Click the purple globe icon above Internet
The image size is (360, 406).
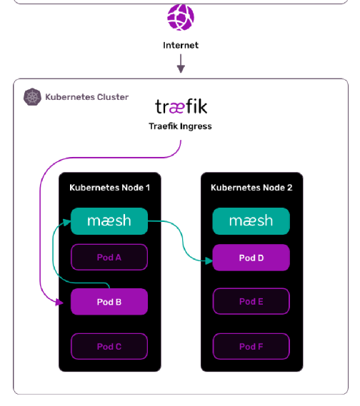(181, 17)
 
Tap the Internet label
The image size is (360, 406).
(181, 46)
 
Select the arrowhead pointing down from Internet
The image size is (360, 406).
(181, 69)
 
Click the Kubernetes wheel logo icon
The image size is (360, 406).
(32, 97)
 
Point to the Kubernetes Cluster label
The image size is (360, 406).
(87, 97)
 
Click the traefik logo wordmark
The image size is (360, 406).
(181, 106)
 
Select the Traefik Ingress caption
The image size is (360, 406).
(180, 126)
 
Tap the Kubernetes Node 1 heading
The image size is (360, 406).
(109, 188)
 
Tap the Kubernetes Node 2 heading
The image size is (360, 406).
(251, 188)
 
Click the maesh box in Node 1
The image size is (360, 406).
(109, 221)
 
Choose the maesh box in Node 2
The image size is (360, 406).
(251, 221)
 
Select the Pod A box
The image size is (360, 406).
(109, 257)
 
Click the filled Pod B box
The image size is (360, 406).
(109, 302)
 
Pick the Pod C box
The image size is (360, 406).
(109, 347)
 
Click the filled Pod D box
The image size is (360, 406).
(251, 258)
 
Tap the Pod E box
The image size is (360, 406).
(251, 301)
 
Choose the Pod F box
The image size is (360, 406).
(251, 347)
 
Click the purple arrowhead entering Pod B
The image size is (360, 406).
(59, 302)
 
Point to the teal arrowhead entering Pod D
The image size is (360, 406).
(209, 260)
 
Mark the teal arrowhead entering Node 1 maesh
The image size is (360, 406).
(67, 222)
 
